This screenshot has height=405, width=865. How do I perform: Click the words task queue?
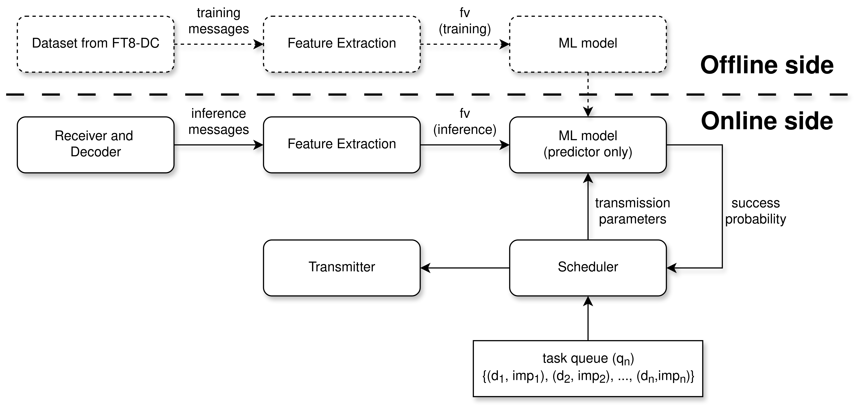pos(575,358)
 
